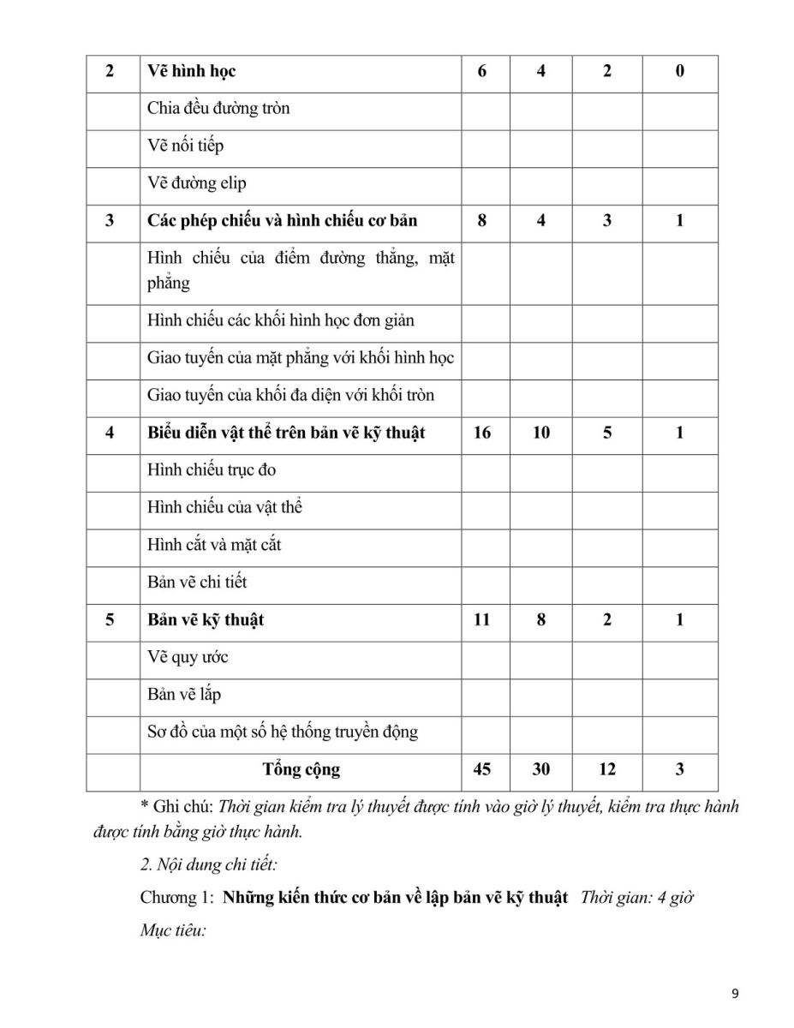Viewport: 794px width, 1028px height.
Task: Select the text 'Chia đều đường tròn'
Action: pyautogui.click(x=218, y=108)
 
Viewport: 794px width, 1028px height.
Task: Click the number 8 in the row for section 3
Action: pyautogui.click(x=482, y=220)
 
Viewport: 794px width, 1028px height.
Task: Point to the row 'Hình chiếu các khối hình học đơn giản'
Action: pyautogui.click(x=281, y=320)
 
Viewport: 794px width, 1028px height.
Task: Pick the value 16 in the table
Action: pyautogui.click(x=482, y=433)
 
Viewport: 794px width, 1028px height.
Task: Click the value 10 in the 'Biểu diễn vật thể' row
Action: pyautogui.click(x=541, y=433)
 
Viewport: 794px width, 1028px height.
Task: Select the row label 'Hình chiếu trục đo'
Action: pyautogui.click(x=212, y=469)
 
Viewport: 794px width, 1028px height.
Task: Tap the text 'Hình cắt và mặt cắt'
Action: pyautogui.click(x=214, y=544)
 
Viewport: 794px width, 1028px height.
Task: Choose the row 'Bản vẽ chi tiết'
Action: pyautogui.click(x=197, y=582)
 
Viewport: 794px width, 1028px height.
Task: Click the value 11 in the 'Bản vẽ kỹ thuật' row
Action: pyautogui.click(x=482, y=619)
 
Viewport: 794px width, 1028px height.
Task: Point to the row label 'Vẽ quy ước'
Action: pyautogui.click(x=188, y=657)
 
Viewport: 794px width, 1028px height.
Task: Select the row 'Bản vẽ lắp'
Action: pyautogui.click(x=184, y=694)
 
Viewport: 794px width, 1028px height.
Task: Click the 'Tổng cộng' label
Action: pyautogui.click(x=301, y=769)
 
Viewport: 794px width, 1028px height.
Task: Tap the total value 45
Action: pyautogui.click(x=482, y=769)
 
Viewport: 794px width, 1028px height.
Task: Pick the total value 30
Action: pyautogui.click(x=541, y=769)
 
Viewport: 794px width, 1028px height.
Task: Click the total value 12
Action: pyautogui.click(x=607, y=769)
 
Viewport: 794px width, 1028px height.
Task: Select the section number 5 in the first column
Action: pyautogui.click(x=110, y=619)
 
